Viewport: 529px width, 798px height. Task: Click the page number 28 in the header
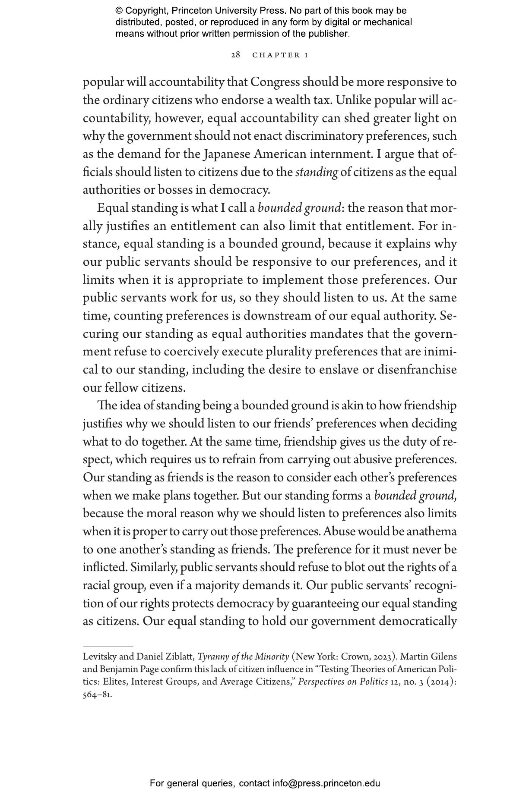pyautogui.click(x=235, y=55)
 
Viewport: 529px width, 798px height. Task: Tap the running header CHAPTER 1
pyautogui.click(x=280, y=55)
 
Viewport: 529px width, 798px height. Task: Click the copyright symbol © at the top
pyautogui.click(x=119, y=11)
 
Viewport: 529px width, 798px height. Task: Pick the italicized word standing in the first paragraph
pyautogui.click(x=317, y=172)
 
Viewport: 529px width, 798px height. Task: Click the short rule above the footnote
pyautogui.click(x=108, y=647)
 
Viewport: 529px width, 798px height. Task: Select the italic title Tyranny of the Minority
pyautogui.click(x=243, y=657)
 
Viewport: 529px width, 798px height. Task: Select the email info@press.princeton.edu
pyautogui.click(x=326, y=783)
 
